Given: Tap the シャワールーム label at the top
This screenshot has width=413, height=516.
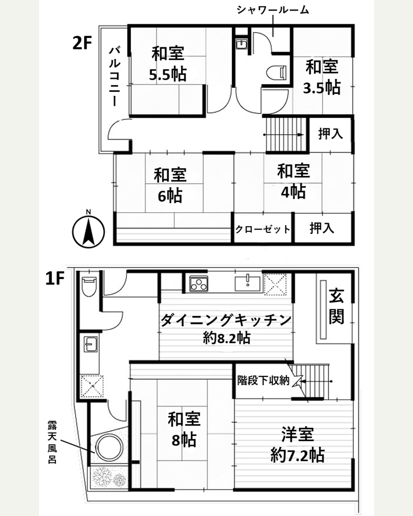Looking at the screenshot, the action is point(273,10).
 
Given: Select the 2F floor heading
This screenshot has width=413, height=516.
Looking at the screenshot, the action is point(82,43).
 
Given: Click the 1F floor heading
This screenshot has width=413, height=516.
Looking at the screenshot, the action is point(55,279).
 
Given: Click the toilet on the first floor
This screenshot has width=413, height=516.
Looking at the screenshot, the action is point(89,287).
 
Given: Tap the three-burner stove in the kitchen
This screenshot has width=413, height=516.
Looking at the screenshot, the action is point(199,284).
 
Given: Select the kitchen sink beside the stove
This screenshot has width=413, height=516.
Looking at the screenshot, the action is point(247,283).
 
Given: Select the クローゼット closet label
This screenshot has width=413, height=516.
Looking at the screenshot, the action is point(263,229).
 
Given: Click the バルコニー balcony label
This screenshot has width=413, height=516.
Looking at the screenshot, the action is point(115,76).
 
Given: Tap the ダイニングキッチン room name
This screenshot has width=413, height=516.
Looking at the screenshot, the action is point(226,320).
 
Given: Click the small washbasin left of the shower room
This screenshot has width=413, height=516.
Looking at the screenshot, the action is point(241,44).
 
